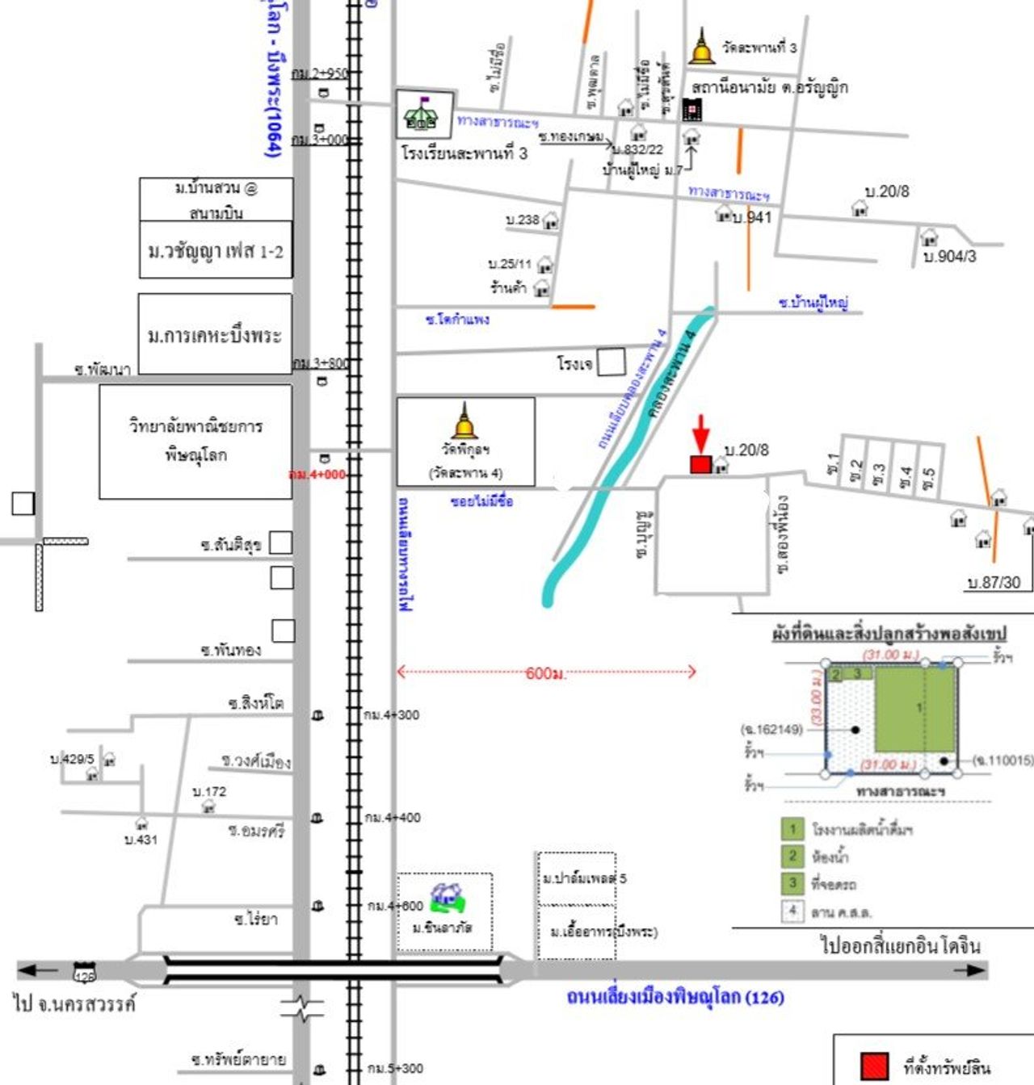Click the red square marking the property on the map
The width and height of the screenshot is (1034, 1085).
pos(700,464)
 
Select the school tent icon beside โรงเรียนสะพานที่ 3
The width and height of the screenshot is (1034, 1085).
pos(421,115)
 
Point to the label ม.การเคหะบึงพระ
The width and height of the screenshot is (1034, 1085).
pos(215,335)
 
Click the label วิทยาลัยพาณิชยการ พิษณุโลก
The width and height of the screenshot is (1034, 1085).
pos(195,441)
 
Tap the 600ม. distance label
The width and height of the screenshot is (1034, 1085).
pos(546,672)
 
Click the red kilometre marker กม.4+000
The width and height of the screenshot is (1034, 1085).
pos(317,474)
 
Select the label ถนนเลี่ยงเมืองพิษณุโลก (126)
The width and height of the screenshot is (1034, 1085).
pos(675,997)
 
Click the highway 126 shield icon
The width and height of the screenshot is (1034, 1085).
pos(84,972)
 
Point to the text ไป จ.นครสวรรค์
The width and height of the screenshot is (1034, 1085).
pos(74,1004)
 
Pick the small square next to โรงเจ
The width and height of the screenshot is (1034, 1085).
pos(612,362)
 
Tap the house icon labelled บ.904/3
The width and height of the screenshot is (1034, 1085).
pos(929,237)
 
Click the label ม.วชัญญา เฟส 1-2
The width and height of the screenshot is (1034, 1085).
pos(216,251)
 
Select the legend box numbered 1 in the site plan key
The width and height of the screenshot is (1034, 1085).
pos(792,828)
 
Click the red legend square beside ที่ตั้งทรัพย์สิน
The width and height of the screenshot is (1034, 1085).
pos(874,1066)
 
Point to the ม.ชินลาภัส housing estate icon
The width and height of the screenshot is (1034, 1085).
pos(447,896)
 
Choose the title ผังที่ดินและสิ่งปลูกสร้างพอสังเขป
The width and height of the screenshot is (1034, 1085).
pos(889,634)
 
